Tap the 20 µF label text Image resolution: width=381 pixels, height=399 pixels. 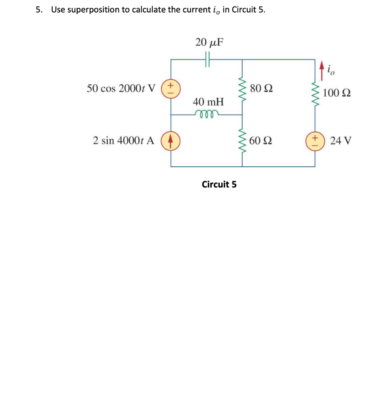210,42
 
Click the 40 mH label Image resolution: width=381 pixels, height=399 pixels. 208,102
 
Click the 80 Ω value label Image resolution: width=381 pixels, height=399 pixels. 261,88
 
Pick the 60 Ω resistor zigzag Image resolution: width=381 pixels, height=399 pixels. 242,140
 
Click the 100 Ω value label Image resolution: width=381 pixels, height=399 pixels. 337,93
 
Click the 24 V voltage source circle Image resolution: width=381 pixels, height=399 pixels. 315,140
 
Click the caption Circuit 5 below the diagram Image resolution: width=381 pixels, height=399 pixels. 219,184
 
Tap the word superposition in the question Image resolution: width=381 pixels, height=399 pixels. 96,10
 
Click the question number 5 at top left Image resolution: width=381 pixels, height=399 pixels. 38,10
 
